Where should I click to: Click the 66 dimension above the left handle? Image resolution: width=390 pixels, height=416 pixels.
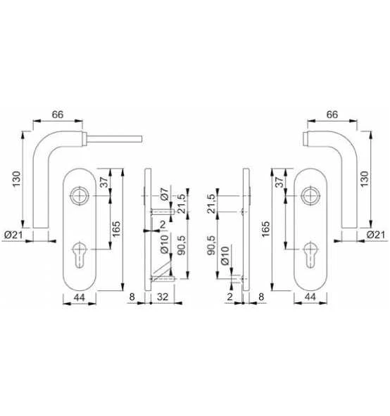(x=58, y=115)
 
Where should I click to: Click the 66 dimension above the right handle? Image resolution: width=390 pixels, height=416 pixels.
(x=332, y=115)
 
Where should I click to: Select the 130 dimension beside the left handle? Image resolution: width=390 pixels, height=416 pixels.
(x=16, y=178)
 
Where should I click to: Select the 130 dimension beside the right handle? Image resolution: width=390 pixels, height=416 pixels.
(x=365, y=178)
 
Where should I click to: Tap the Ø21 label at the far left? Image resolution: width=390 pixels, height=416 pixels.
(x=13, y=235)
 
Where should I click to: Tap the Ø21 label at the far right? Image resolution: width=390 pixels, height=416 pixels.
(x=376, y=235)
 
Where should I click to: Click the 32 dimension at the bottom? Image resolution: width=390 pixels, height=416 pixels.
(x=163, y=297)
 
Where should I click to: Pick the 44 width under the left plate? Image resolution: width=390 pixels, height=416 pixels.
(x=80, y=297)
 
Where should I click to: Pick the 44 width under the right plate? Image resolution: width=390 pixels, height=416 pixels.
(x=310, y=297)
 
